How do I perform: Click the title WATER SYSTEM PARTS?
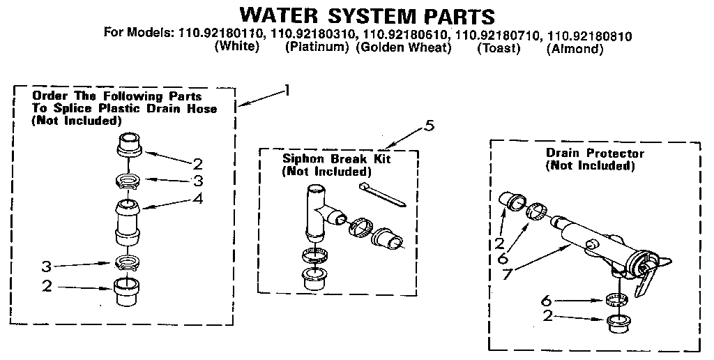click(x=367, y=15)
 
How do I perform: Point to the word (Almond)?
click(x=575, y=48)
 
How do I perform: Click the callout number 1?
click(x=286, y=91)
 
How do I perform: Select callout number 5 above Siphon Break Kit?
click(x=430, y=126)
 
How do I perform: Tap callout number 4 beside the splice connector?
click(x=198, y=199)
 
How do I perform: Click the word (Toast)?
click(x=499, y=48)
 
